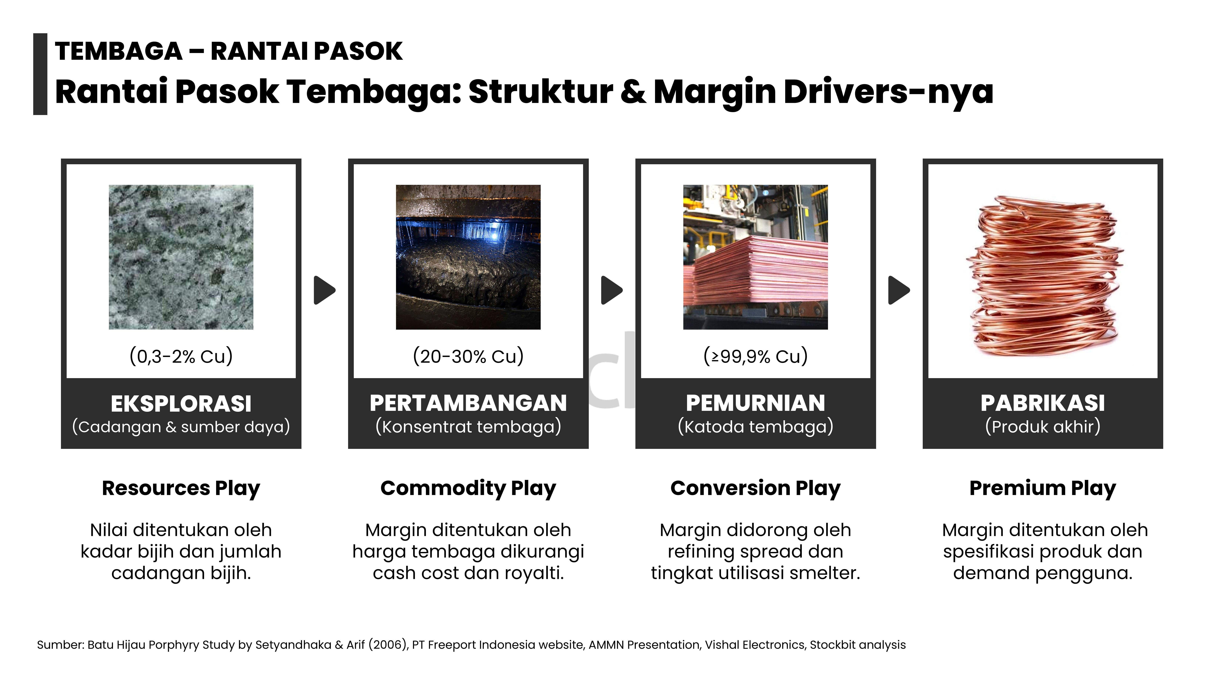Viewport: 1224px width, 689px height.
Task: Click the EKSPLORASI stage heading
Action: (x=181, y=404)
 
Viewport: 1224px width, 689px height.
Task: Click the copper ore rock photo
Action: (x=181, y=257)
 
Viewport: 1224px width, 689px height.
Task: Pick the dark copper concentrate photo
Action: (x=468, y=257)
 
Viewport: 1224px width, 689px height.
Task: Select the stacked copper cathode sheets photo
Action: (x=755, y=257)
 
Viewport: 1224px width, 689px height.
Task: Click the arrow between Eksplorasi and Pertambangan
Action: (x=325, y=290)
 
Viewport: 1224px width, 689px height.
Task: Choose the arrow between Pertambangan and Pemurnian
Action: (x=612, y=290)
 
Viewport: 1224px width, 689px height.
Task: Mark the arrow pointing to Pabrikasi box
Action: (x=899, y=290)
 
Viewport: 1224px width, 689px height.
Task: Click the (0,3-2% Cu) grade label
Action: (x=181, y=356)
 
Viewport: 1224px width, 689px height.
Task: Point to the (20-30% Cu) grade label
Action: (x=468, y=356)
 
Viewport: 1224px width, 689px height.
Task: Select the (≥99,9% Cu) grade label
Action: (x=755, y=356)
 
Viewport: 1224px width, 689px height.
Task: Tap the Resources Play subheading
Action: (x=181, y=488)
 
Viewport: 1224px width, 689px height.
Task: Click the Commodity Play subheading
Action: (x=468, y=488)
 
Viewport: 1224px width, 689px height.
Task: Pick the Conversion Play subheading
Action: (x=755, y=488)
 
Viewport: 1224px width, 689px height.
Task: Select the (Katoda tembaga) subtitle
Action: (x=755, y=426)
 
